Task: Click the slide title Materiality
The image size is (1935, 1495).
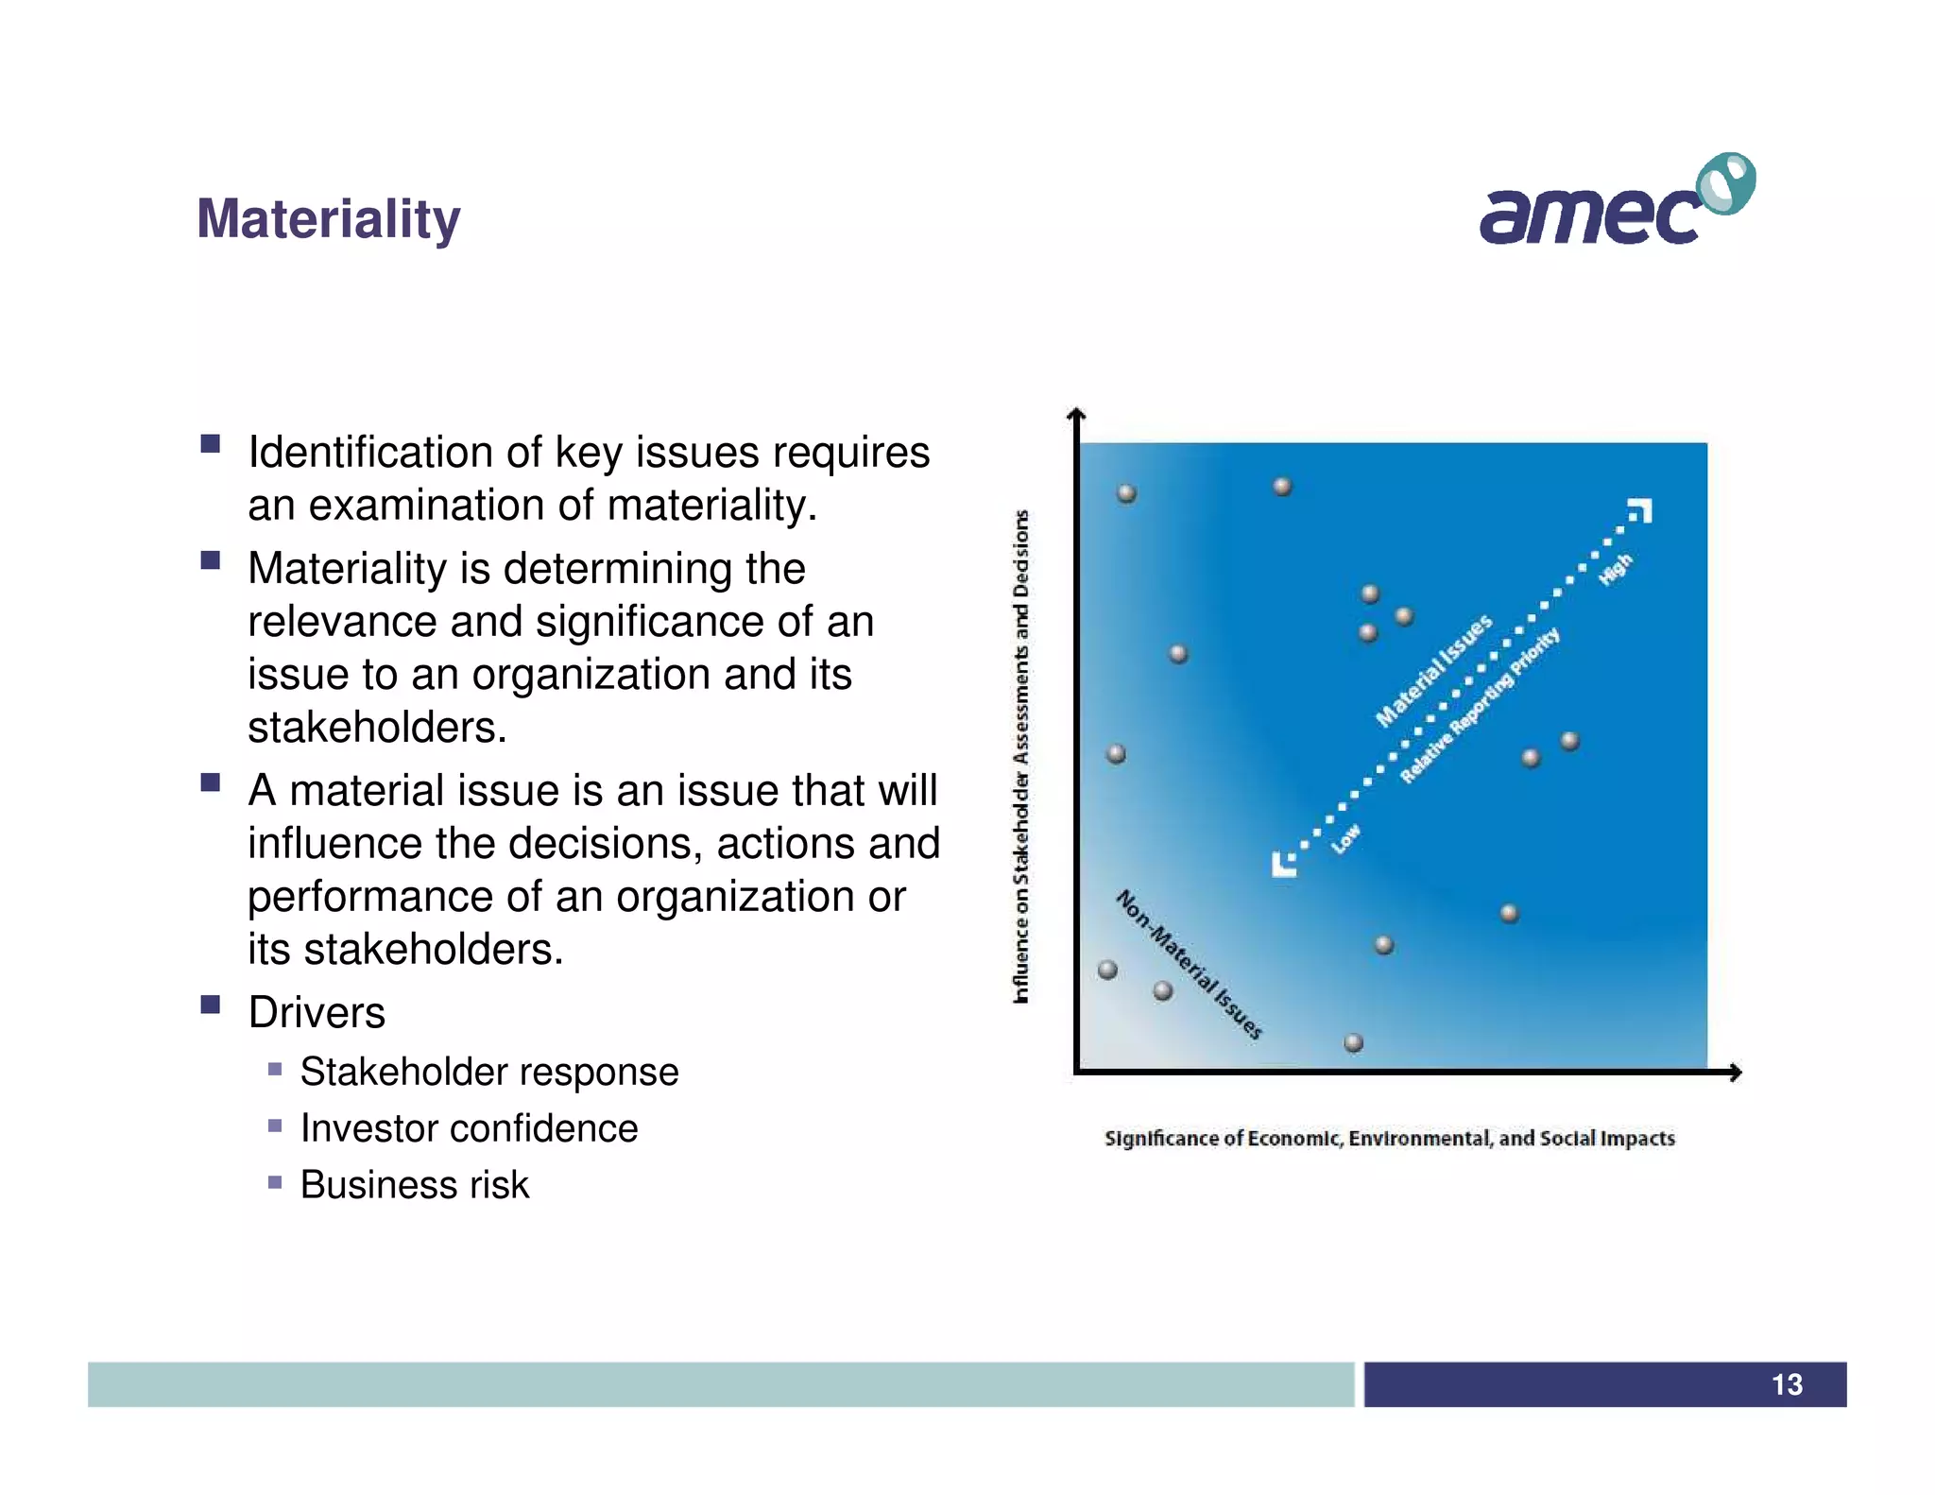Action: pos(328,219)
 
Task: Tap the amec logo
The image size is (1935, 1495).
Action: pos(1616,201)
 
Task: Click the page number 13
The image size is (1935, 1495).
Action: pos(1786,1384)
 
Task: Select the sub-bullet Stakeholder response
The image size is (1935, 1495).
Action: pos(488,1072)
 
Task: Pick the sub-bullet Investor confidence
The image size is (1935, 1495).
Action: pos(469,1128)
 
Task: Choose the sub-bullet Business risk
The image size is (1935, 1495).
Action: pos(414,1185)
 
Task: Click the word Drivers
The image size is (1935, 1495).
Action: pos(317,1012)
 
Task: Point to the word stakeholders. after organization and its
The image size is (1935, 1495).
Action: pos(377,728)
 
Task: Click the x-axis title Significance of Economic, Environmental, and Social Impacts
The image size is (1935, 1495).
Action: pos(1389,1138)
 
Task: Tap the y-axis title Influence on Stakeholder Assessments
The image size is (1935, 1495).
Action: pos(1020,756)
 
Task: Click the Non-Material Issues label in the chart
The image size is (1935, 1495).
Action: pos(1189,964)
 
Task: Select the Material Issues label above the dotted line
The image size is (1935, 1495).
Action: pos(1433,670)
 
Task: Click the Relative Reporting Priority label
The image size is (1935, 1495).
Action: pos(1480,705)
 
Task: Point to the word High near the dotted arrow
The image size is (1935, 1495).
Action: pos(1616,569)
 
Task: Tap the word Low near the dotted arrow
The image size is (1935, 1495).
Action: pos(1346,838)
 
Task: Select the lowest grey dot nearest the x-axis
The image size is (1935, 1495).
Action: pos(1353,1042)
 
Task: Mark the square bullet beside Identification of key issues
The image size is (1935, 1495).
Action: pos(211,443)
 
